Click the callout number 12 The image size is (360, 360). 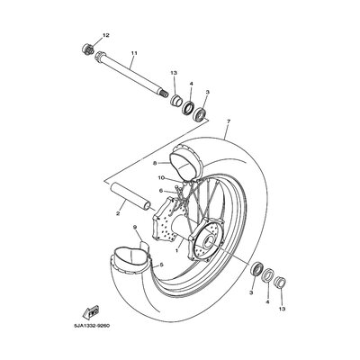click(x=106, y=35)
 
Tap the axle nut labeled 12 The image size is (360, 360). click(x=87, y=49)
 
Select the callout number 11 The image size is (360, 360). click(x=134, y=53)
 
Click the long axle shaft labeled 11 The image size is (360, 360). click(x=131, y=74)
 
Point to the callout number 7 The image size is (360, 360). click(x=229, y=121)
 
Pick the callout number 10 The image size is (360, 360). click(x=161, y=178)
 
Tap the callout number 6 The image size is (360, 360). click(x=161, y=191)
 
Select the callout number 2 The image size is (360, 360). click(x=118, y=213)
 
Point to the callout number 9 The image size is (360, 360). click(x=135, y=228)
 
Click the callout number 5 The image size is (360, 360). click(x=161, y=265)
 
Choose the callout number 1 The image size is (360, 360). click(x=177, y=250)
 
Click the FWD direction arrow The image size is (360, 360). click(x=92, y=311)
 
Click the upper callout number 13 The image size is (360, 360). click(x=174, y=73)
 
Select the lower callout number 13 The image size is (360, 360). click(x=283, y=309)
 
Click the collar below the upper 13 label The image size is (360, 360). click(x=175, y=100)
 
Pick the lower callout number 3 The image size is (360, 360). click(x=252, y=292)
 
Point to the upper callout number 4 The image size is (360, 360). click(x=191, y=84)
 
